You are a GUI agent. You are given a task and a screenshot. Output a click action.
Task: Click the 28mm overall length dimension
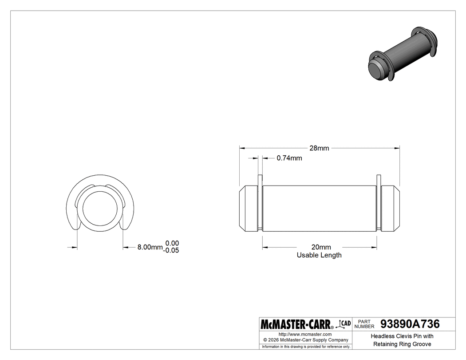click(x=319, y=148)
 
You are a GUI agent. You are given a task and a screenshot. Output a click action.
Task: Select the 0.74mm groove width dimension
click(x=289, y=158)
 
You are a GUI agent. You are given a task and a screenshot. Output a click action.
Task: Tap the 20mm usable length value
click(x=319, y=247)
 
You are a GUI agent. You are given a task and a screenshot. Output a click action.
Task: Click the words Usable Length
click(x=319, y=255)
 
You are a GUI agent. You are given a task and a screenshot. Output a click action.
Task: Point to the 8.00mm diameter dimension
click(x=150, y=247)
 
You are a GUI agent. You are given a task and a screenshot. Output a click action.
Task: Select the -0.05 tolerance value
click(x=171, y=251)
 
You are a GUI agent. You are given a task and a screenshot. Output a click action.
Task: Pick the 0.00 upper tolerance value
click(x=172, y=243)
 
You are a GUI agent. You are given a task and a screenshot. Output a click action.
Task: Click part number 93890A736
click(x=410, y=324)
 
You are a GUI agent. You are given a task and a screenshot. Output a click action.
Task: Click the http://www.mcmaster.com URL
click(x=305, y=334)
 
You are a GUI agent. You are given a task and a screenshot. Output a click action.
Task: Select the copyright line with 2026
click(x=305, y=340)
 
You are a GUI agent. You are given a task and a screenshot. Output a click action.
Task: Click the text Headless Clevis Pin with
click(x=402, y=336)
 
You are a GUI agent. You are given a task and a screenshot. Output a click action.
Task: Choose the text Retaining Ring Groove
click(x=402, y=344)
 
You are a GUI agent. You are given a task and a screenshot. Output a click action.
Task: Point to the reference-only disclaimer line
click(x=305, y=346)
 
